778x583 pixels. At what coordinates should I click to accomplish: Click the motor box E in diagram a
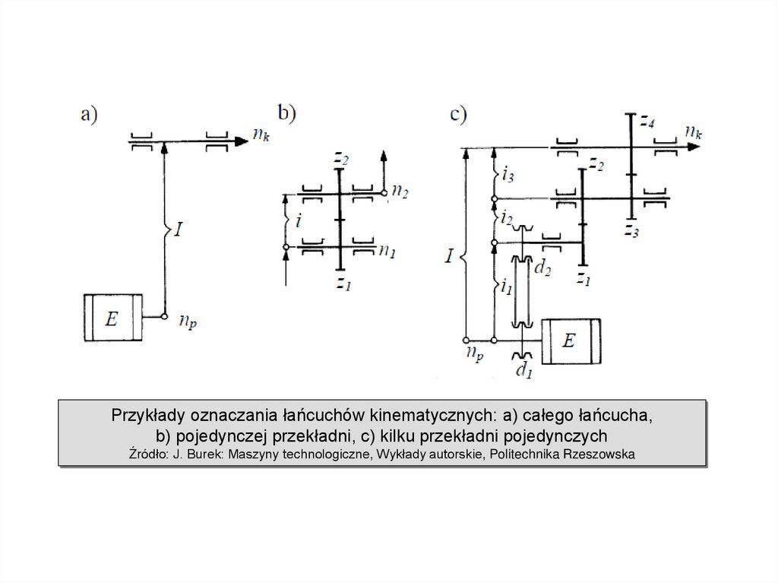click(112, 318)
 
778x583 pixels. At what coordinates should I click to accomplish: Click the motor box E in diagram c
click(570, 340)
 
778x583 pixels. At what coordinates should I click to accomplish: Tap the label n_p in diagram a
click(187, 322)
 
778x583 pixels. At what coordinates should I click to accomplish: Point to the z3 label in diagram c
click(631, 230)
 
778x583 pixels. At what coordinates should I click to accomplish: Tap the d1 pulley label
click(523, 370)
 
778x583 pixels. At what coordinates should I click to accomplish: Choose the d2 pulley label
click(542, 268)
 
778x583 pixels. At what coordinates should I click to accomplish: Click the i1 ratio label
click(508, 286)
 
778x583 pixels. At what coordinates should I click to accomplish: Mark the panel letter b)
click(286, 114)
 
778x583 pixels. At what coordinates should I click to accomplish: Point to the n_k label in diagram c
click(693, 132)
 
